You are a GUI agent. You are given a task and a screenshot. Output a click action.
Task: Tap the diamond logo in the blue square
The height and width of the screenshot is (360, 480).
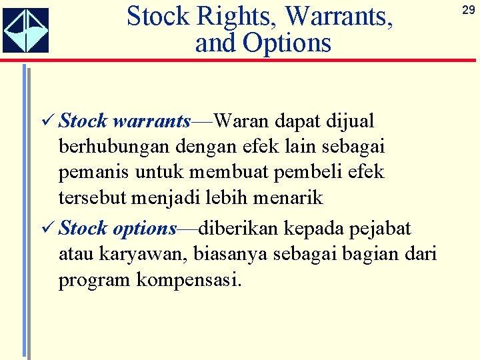25,31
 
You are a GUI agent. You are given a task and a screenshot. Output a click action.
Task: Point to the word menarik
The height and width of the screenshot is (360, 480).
289,197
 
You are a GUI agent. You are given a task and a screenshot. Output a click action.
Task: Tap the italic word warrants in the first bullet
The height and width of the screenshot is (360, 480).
152,121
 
